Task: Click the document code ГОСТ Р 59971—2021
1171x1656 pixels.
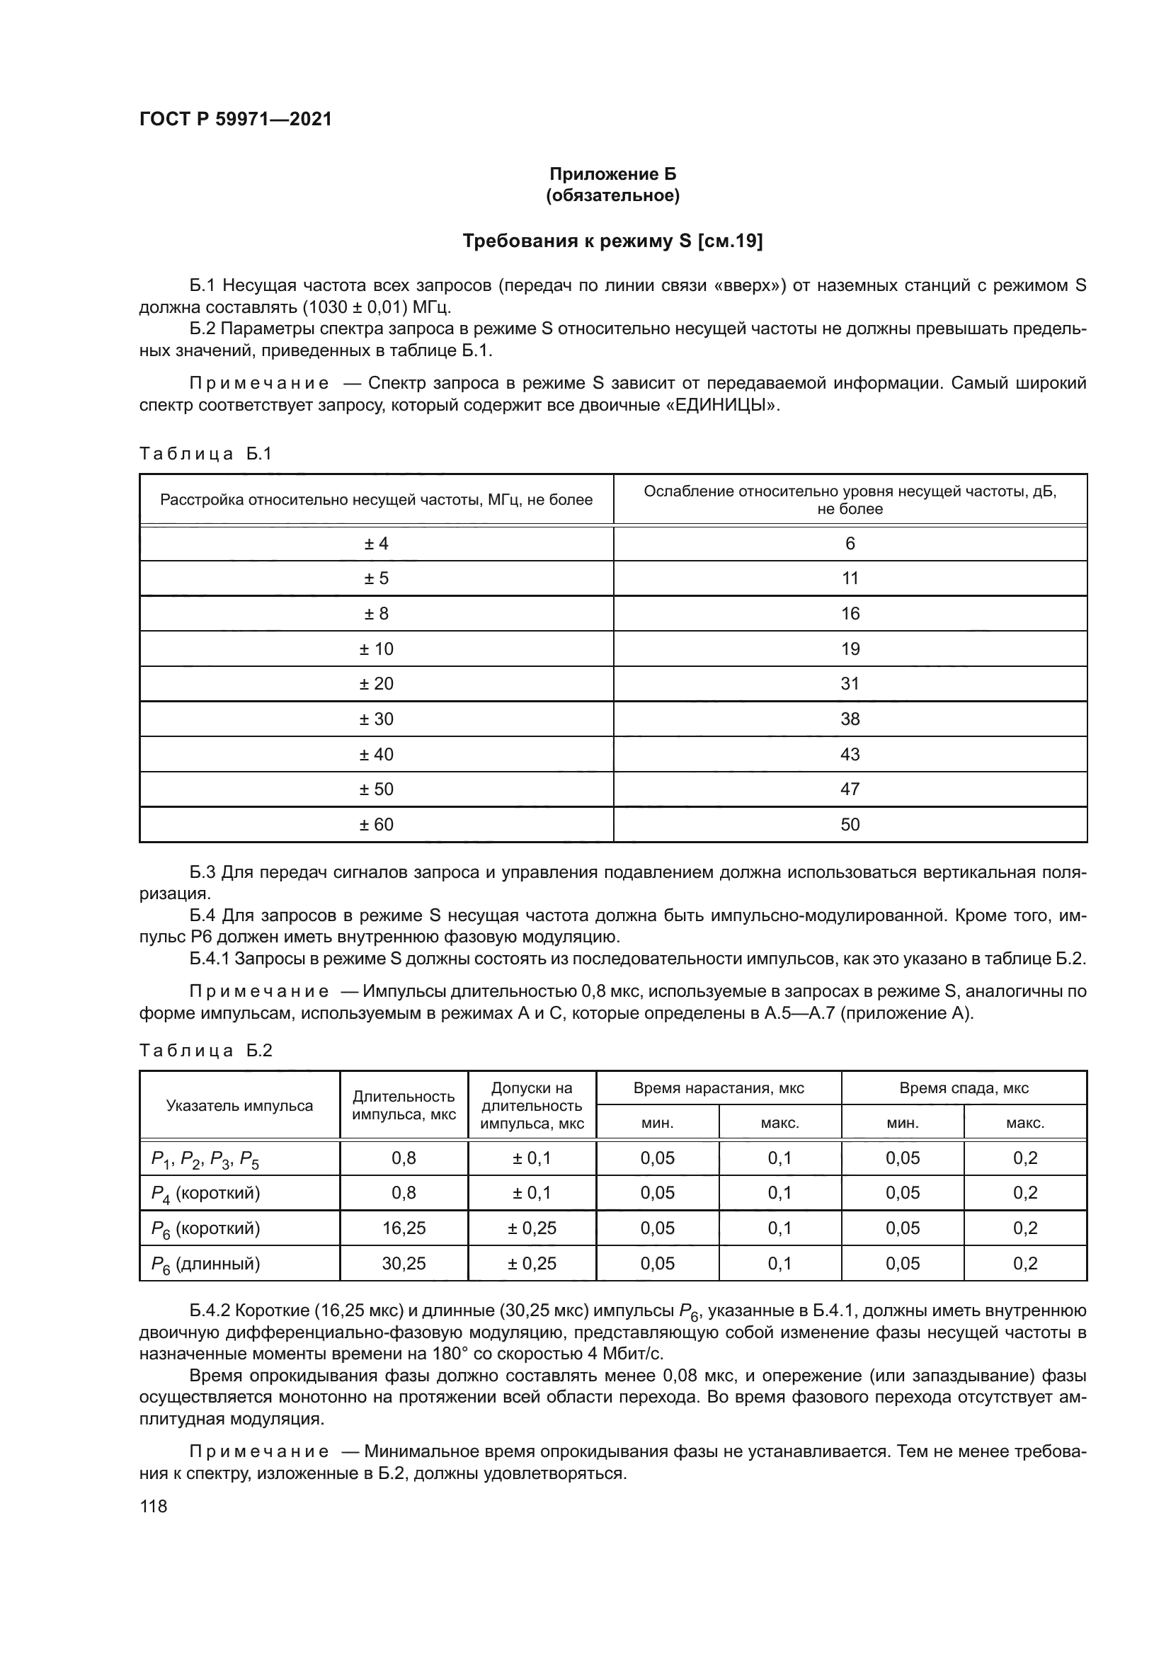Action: click(x=235, y=119)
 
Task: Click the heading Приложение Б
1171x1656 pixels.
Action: click(x=612, y=174)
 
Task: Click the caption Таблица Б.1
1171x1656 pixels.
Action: click(x=205, y=454)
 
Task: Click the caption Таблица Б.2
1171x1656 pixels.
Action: click(x=205, y=1050)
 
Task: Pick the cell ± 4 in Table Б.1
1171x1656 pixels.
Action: click(x=376, y=544)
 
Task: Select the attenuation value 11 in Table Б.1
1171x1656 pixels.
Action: click(x=850, y=578)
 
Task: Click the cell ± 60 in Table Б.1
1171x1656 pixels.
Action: click(x=376, y=824)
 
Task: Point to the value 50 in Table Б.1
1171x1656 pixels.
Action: click(x=850, y=824)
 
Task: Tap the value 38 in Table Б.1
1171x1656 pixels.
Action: click(x=850, y=719)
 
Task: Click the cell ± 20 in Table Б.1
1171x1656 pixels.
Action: click(x=376, y=684)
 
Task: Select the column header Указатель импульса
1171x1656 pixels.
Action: click(x=239, y=1106)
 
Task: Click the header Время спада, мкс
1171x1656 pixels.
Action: click(x=964, y=1088)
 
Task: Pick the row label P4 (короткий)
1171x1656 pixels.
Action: click(x=205, y=1194)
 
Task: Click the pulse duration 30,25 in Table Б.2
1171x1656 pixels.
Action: click(x=404, y=1264)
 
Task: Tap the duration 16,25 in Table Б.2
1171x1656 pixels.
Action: click(x=404, y=1228)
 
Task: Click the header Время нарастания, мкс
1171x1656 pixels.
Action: click(x=718, y=1088)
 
